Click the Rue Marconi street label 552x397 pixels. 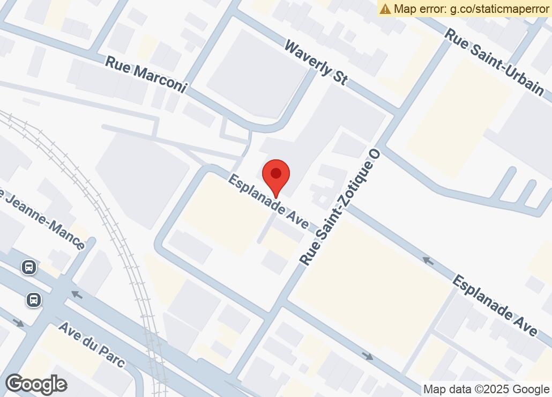(x=145, y=74)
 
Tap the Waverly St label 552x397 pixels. (x=316, y=63)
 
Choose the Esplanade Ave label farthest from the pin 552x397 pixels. (x=495, y=305)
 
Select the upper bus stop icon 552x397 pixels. (x=29, y=267)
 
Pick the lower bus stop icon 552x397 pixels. (x=34, y=300)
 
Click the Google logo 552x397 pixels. (x=36, y=384)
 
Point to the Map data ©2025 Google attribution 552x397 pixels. (x=487, y=389)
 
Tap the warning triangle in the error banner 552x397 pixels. (x=386, y=9)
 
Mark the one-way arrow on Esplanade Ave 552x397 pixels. (x=428, y=261)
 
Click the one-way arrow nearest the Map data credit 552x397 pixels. (x=368, y=356)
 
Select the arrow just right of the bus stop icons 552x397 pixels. (x=77, y=294)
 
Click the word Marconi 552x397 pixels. (x=159, y=79)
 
